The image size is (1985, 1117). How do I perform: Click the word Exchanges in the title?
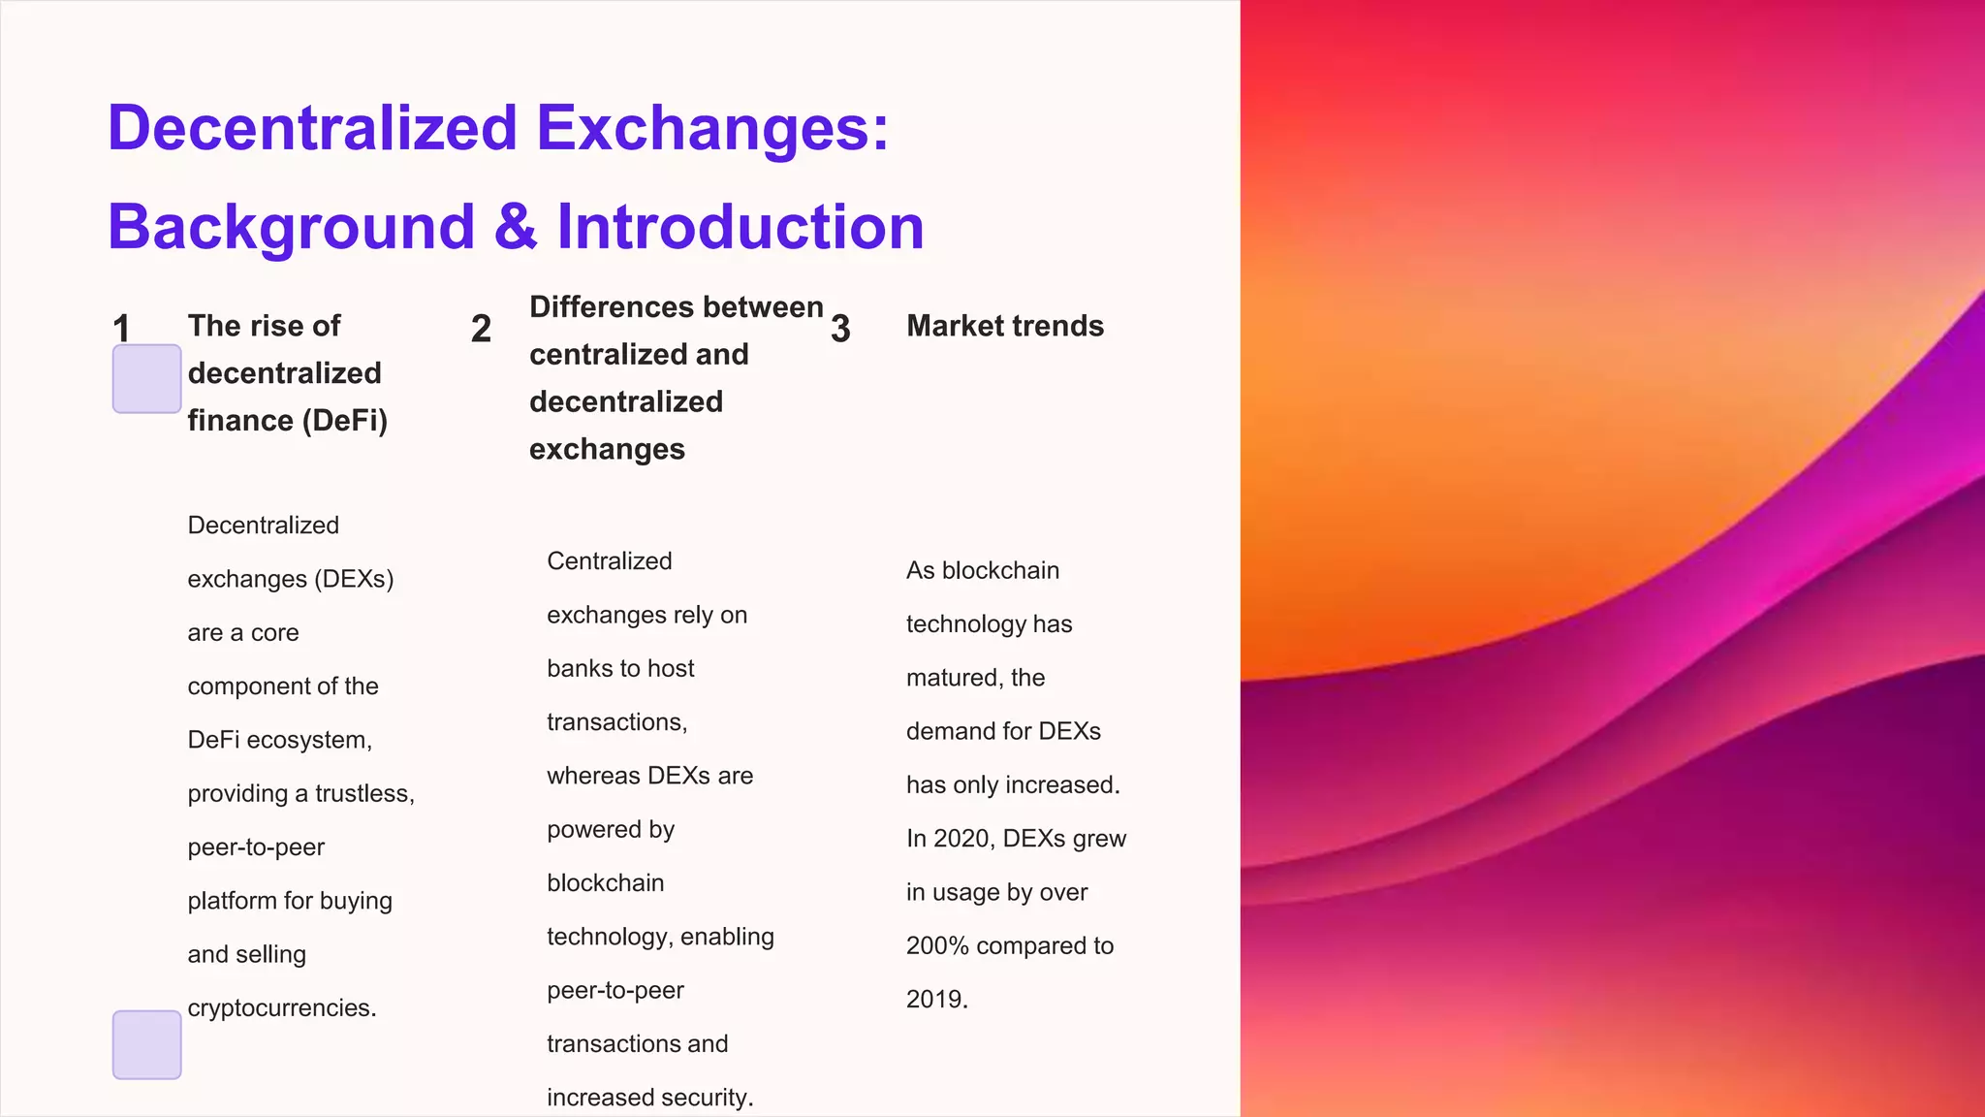pyautogui.click(x=712, y=129)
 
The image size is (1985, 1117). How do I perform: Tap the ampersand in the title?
pyautogui.click(x=515, y=227)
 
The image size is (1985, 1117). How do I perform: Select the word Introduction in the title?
pyautogui.click(x=740, y=227)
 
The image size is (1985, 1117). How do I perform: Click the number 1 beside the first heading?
pyautogui.click(x=121, y=328)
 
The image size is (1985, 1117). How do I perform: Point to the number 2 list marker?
pyautogui.click(x=481, y=328)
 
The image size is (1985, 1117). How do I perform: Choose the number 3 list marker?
pyautogui.click(x=840, y=328)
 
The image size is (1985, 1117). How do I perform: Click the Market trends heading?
pyautogui.click(x=1005, y=326)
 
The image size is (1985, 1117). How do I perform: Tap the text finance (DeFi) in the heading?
pyautogui.click(x=287, y=421)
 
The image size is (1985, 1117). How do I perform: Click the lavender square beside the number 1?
pyautogui.click(x=146, y=379)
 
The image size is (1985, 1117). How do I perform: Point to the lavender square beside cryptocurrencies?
pyautogui.click(x=146, y=1044)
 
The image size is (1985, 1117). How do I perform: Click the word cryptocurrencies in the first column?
pyautogui.click(x=281, y=1008)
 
